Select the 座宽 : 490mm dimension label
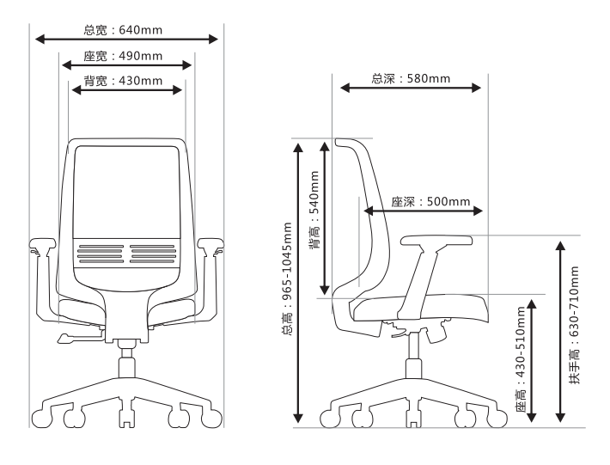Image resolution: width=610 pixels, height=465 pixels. click(x=124, y=57)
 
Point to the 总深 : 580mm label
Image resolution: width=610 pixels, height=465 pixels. click(x=411, y=79)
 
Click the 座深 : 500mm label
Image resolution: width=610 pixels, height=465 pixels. click(x=430, y=203)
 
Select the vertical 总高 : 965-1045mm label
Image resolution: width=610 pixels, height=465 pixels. click(x=286, y=280)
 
